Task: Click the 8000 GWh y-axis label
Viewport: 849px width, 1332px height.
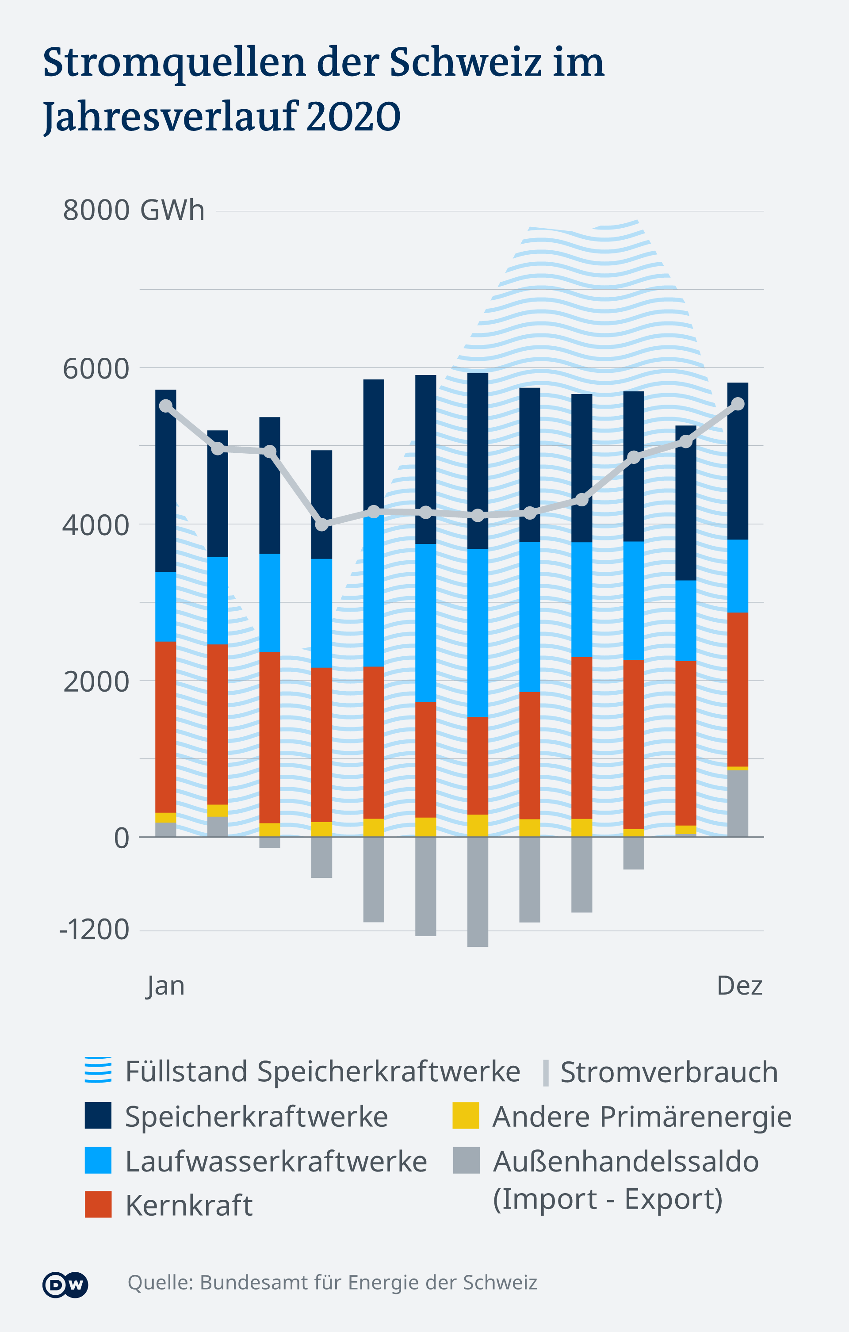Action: (x=133, y=210)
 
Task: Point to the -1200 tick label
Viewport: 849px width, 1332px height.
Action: (x=94, y=929)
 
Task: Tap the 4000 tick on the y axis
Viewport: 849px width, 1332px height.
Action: (x=96, y=524)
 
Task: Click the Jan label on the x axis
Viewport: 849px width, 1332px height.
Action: (x=165, y=986)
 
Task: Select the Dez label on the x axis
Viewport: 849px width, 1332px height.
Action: (x=739, y=985)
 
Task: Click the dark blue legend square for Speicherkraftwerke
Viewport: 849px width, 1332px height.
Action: (x=98, y=1115)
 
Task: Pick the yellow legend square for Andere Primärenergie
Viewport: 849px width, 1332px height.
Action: (x=466, y=1115)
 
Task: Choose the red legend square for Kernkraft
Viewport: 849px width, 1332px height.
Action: (x=98, y=1204)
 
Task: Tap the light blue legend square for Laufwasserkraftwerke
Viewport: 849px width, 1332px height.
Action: (x=98, y=1160)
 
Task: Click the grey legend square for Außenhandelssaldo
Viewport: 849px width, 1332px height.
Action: (x=466, y=1160)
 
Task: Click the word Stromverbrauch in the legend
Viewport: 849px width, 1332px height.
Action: (x=669, y=1072)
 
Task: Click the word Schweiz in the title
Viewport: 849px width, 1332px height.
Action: (x=465, y=62)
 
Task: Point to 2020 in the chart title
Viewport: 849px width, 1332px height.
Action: (x=353, y=116)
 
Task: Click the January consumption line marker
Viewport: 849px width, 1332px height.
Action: (x=166, y=406)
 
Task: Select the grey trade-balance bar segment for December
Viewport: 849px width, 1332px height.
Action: (x=737, y=803)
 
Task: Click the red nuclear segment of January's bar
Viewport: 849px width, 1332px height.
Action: (x=165, y=726)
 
